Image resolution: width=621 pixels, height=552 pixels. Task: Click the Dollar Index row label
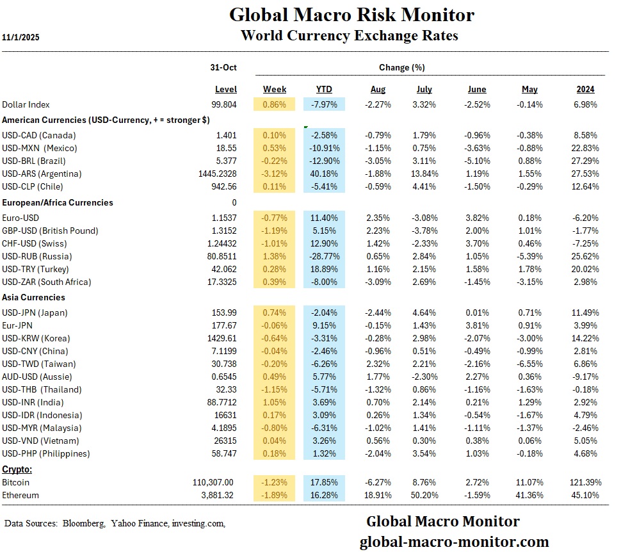tap(26, 104)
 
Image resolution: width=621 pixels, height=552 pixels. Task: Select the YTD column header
tap(324, 89)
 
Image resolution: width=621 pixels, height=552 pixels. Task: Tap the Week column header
tap(275, 89)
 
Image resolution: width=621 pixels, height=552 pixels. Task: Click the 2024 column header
tap(585, 89)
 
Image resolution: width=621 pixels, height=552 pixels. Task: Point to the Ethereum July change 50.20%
tap(423, 495)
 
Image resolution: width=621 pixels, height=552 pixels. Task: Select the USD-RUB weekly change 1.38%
tap(275, 256)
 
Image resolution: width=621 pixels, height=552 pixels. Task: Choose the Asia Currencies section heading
tap(34, 297)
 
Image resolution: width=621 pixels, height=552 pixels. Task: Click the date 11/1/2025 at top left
tap(20, 37)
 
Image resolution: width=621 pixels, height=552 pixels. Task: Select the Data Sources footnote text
tap(115, 524)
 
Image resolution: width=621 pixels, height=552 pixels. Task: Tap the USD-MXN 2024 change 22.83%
tap(583, 148)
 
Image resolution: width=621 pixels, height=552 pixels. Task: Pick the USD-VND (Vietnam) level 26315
tap(224, 441)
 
